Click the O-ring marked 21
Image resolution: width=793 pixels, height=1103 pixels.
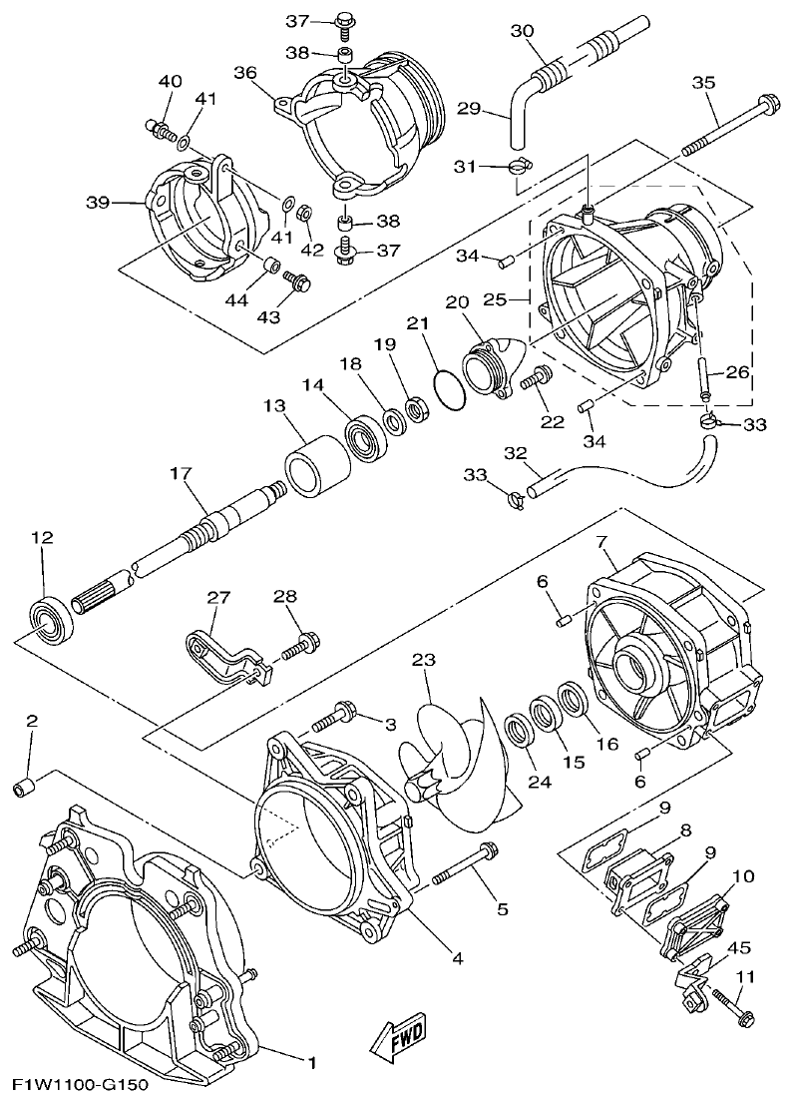pyautogui.click(x=450, y=390)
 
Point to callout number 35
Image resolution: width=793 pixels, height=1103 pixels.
pyautogui.click(x=703, y=83)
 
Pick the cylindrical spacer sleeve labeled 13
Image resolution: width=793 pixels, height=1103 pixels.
pyautogui.click(x=315, y=466)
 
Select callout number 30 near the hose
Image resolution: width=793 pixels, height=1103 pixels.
pyautogui.click(x=523, y=31)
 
